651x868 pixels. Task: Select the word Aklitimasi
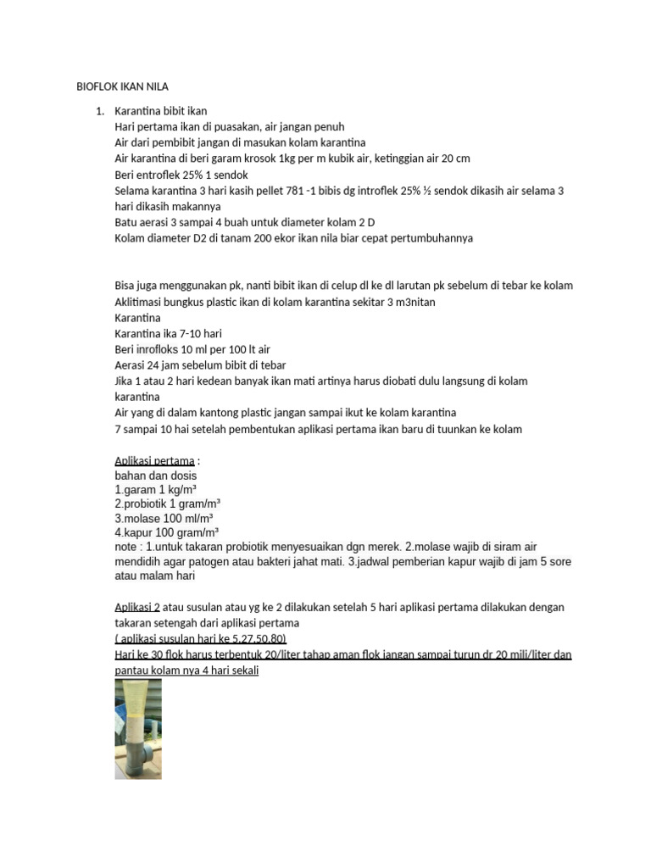click(140, 302)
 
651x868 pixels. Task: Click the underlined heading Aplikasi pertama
click(154, 461)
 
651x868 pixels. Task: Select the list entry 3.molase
click(142, 518)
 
